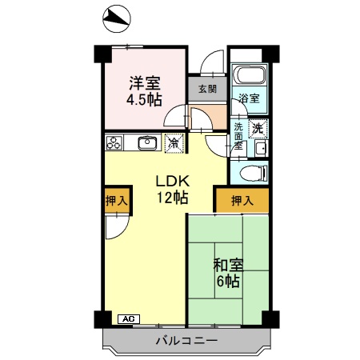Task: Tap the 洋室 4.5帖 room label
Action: click(x=145, y=90)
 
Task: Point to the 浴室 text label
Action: click(x=249, y=99)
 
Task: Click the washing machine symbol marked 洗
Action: click(x=259, y=128)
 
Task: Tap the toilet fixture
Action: click(x=250, y=174)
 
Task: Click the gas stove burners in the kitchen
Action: click(x=114, y=144)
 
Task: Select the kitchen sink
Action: click(x=146, y=144)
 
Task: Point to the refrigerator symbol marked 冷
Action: click(x=172, y=144)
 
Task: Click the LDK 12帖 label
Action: click(x=171, y=187)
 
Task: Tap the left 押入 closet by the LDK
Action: click(x=116, y=201)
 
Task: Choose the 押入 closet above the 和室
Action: click(x=241, y=200)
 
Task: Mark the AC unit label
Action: click(x=126, y=318)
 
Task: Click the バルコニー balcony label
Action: click(x=186, y=341)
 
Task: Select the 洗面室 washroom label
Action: click(x=238, y=136)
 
